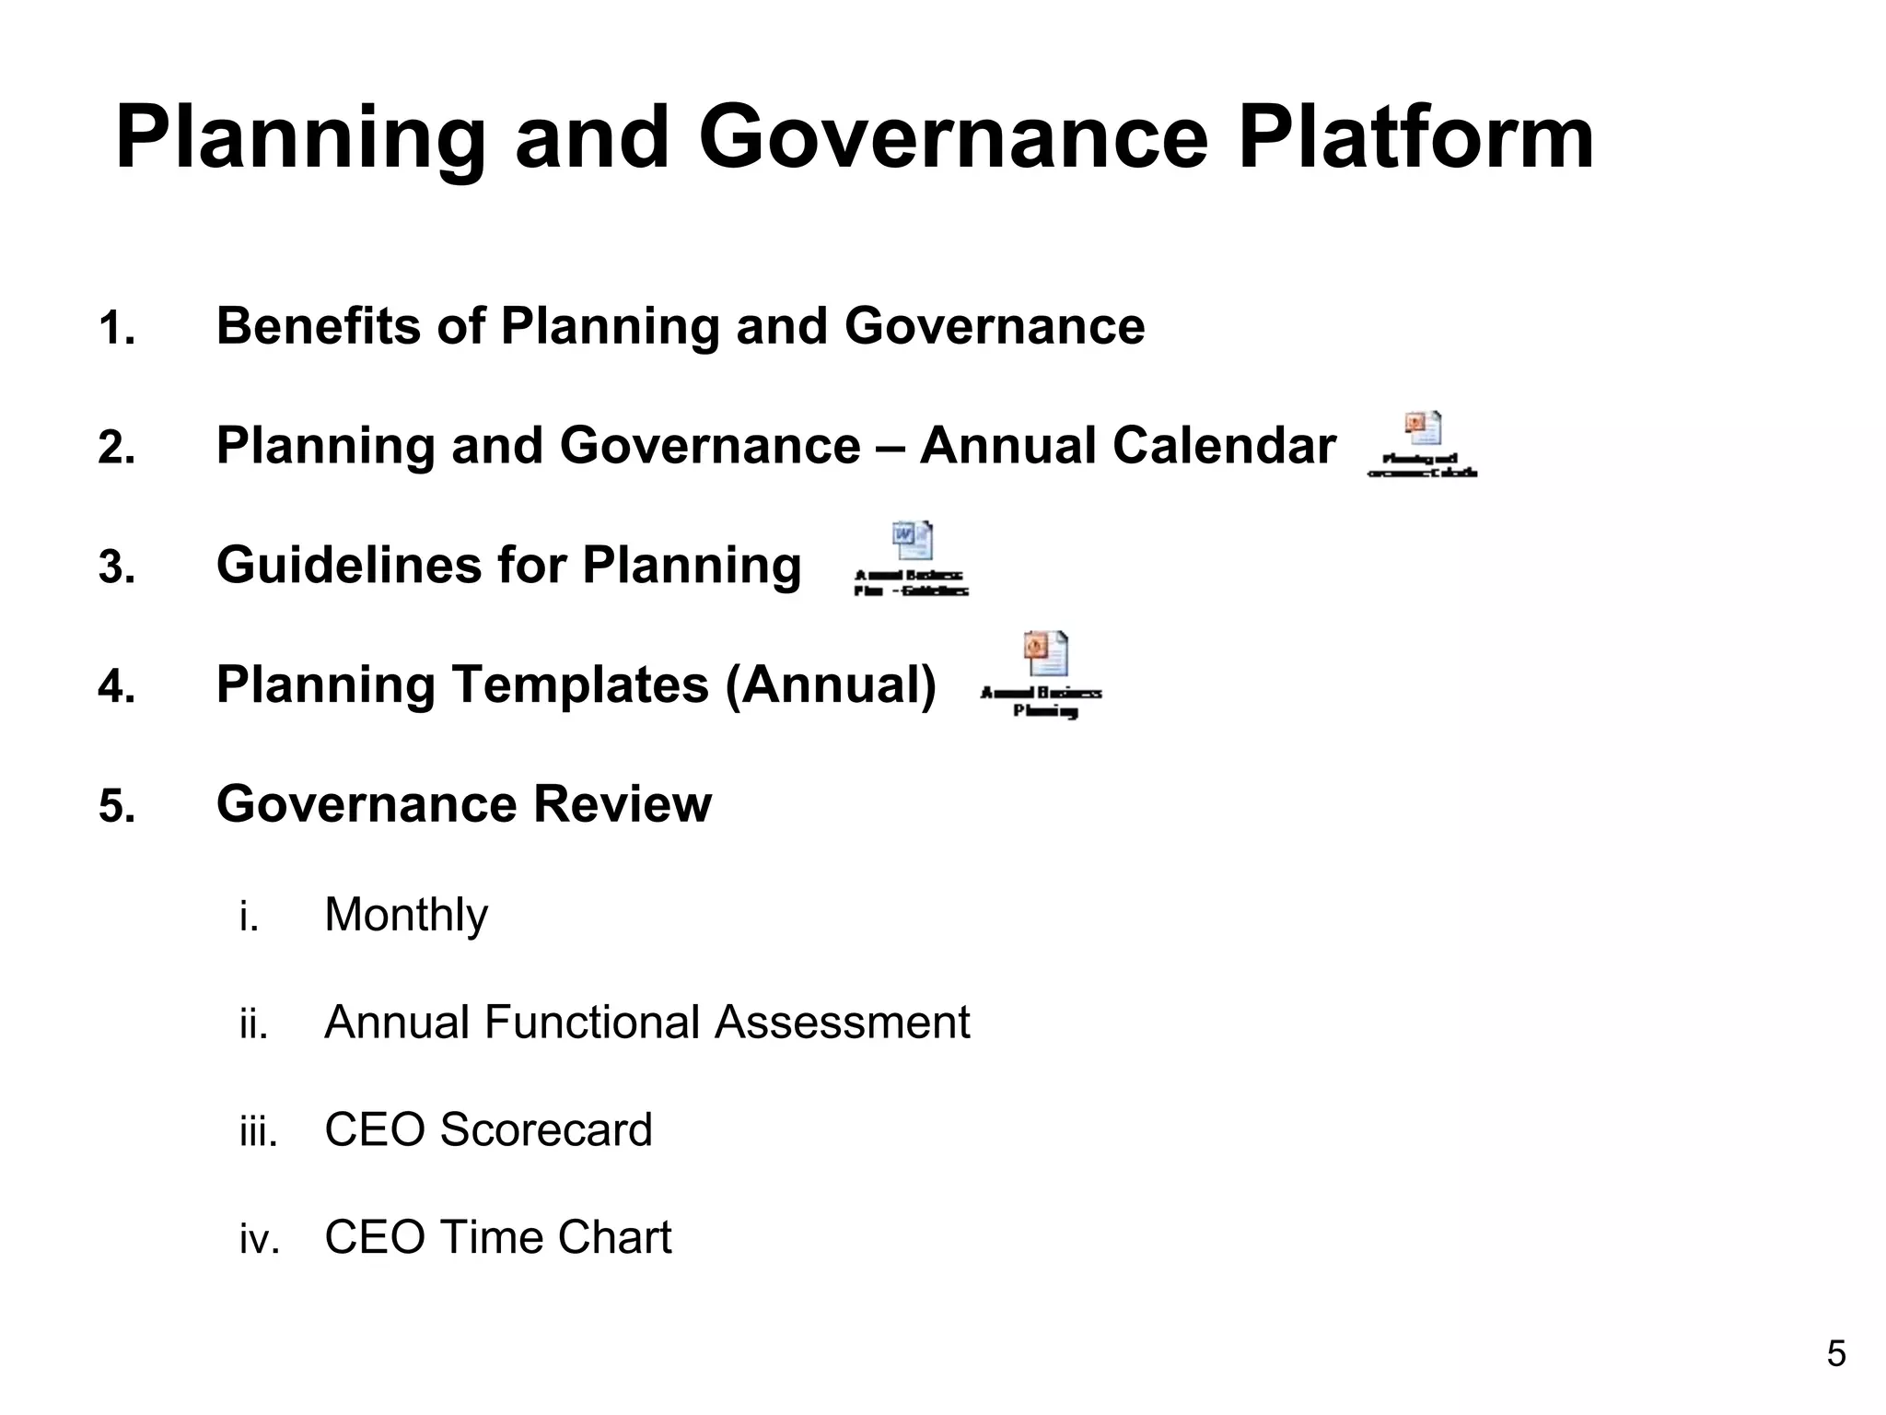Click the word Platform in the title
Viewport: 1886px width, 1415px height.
click(x=1414, y=138)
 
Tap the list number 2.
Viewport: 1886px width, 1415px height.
click(x=116, y=449)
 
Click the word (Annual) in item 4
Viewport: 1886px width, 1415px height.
click(x=831, y=684)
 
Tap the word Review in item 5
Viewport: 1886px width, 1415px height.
click(x=622, y=803)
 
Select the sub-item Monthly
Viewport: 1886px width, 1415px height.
click(x=405, y=915)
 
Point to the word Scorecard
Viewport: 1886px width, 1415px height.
click(x=545, y=1129)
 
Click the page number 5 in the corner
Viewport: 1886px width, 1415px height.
click(x=1835, y=1354)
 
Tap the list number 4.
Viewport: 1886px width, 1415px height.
click(x=116, y=687)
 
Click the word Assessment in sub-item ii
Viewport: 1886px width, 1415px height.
click(x=842, y=1022)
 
